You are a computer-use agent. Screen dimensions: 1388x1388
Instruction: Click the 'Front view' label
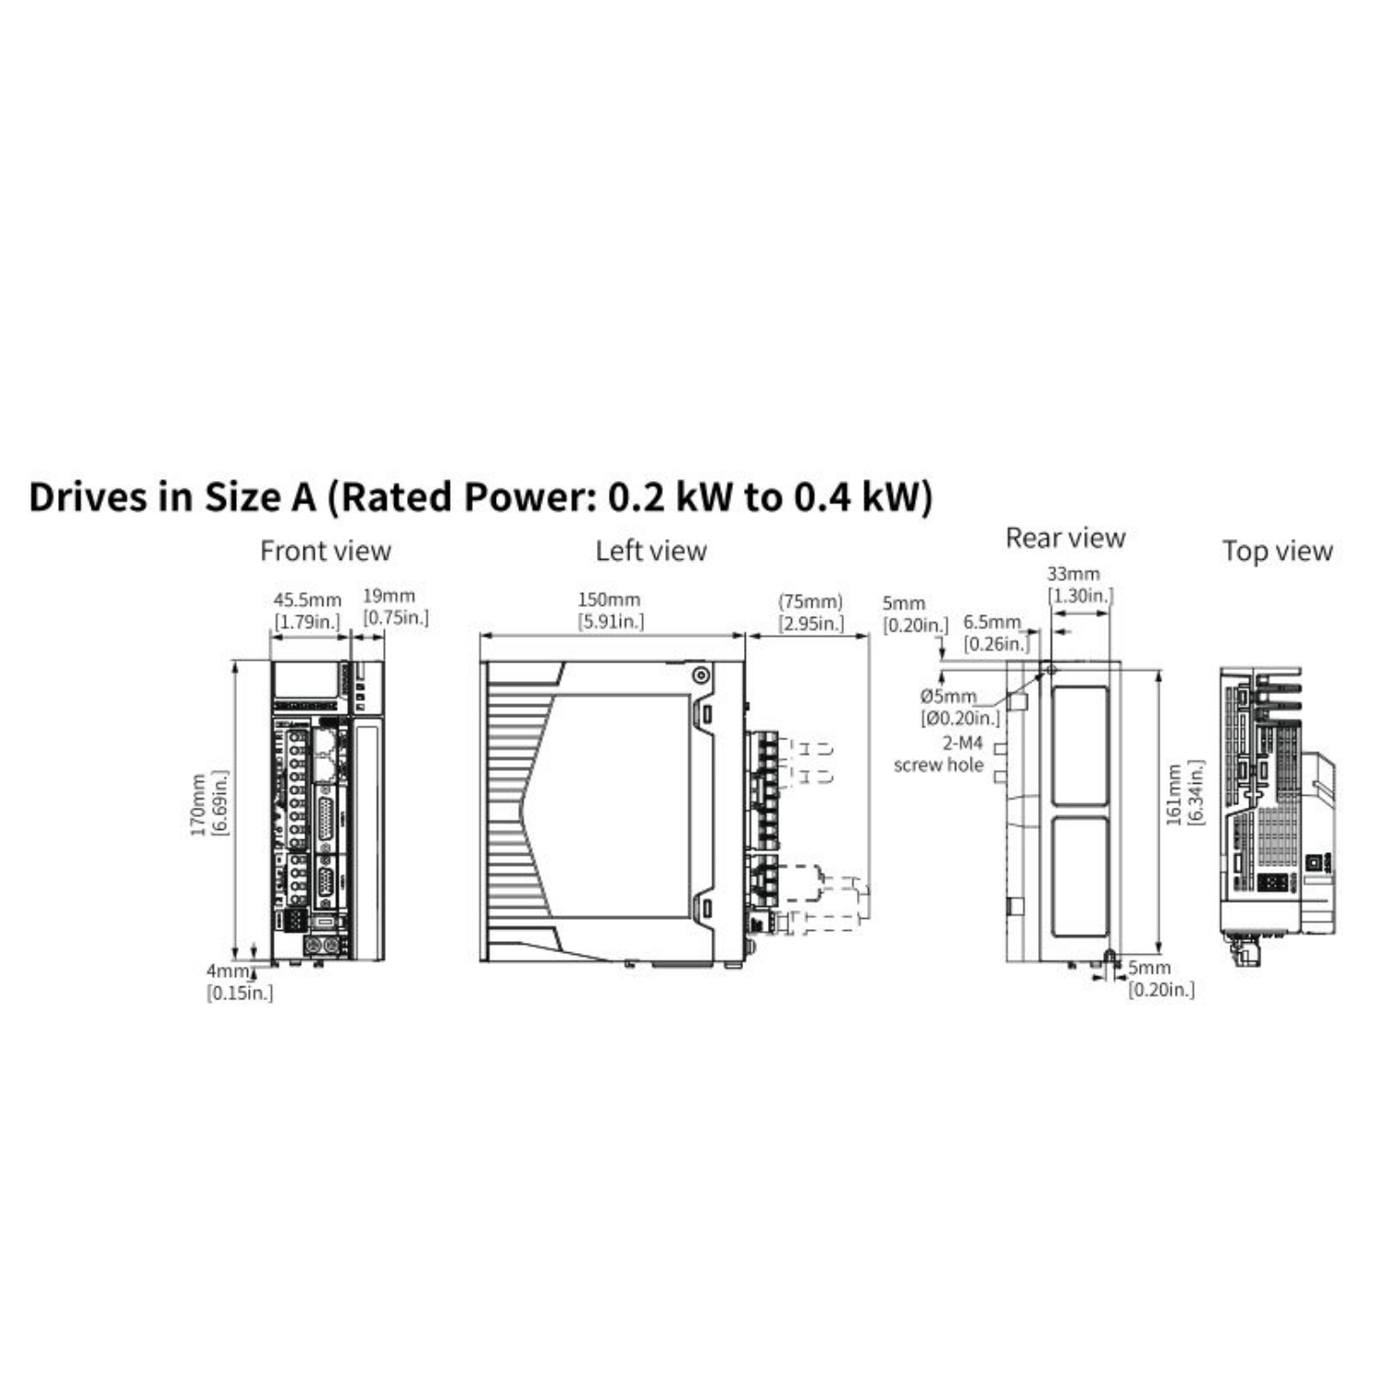click(x=326, y=551)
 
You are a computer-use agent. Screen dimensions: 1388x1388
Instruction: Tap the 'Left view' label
click(x=651, y=551)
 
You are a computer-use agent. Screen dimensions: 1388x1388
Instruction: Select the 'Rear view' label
click(x=1065, y=539)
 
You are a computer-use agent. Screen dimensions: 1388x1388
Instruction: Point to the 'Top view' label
click(x=1277, y=551)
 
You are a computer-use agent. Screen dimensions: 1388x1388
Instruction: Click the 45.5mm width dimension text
click(x=307, y=601)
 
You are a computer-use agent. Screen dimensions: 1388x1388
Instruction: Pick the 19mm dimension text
click(x=389, y=596)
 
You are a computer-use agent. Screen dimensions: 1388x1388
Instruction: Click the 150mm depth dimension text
click(x=609, y=601)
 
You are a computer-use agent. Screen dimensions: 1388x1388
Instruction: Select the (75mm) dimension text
click(x=811, y=601)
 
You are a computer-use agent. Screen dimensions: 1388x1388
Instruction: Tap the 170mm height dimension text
click(x=198, y=805)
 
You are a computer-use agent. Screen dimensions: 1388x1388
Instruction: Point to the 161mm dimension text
click(x=1173, y=794)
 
